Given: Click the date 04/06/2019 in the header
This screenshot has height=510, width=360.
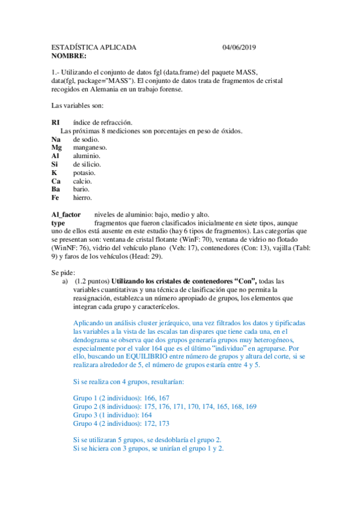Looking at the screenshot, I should point(239,48).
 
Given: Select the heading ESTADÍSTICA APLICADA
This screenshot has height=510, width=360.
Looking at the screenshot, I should point(94,48).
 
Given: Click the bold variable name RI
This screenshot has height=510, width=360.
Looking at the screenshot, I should point(56,123).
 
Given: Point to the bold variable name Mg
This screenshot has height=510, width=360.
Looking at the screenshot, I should point(56,147).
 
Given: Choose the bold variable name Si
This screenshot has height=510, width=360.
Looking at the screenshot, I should point(55,164).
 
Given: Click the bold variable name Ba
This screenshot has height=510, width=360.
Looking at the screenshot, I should point(56,189).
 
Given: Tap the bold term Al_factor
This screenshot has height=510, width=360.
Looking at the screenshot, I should point(67,214).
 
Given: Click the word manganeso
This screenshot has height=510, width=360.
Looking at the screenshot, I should point(90,147).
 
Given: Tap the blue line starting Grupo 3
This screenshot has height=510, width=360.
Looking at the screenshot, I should point(112,415).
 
